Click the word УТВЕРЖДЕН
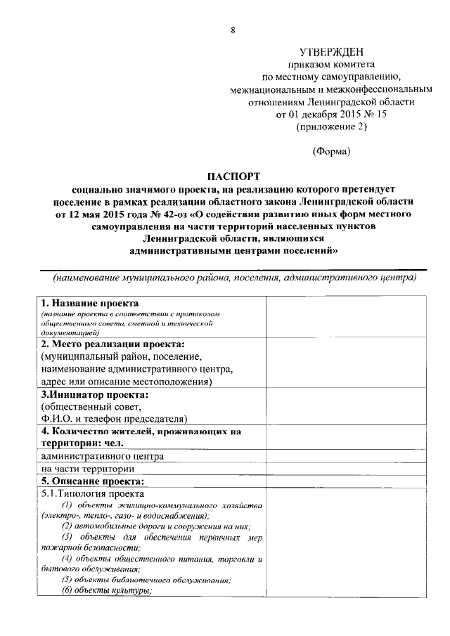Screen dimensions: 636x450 point(330,53)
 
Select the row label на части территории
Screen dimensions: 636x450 point(87,469)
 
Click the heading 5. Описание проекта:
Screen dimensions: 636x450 point(92,481)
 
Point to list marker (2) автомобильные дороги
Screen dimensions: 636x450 point(68,527)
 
